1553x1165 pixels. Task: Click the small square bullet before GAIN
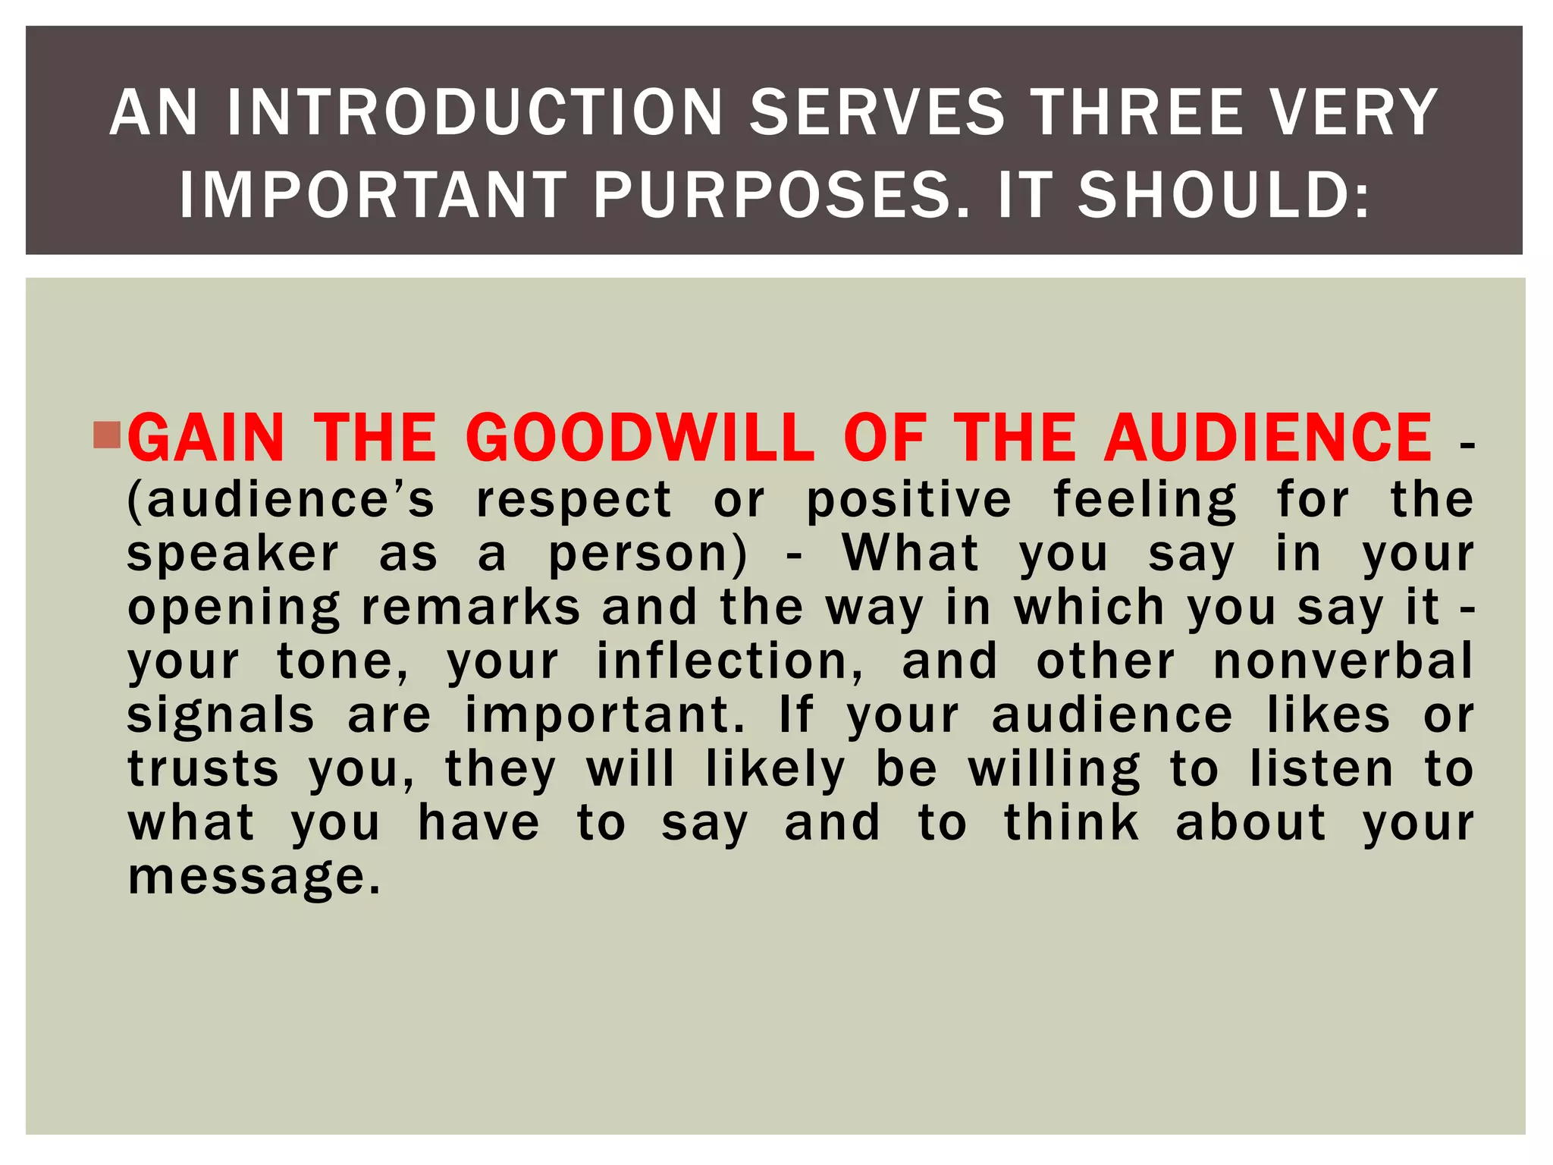coord(107,435)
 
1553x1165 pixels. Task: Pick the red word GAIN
coord(206,438)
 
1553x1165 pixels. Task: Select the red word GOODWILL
coord(639,438)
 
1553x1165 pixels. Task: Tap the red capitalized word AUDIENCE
coord(1268,438)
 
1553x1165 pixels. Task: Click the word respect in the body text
coord(573,500)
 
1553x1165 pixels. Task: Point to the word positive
coord(908,500)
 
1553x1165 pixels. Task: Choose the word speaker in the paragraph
coord(233,554)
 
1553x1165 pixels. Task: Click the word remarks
coord(471,608)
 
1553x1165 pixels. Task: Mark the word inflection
coord(729,661)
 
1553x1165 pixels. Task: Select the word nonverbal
coord(1343,661)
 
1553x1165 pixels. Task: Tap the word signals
coord(220,716)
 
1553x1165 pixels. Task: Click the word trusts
coord(203,769)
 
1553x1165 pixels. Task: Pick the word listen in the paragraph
coord(1321,769)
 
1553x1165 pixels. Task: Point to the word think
coord(1071,823)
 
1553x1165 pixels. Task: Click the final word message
coord(254,878)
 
